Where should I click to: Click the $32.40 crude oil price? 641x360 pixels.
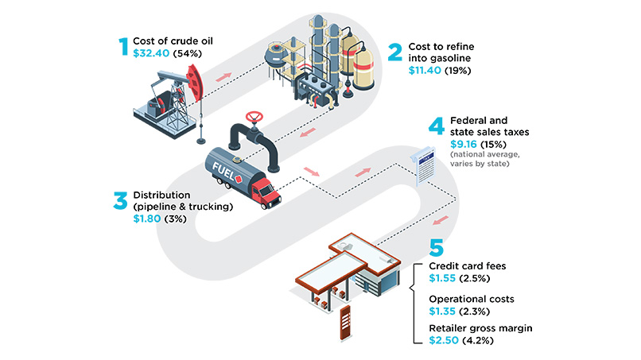pos(151,53)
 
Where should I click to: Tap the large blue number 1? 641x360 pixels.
pos(123,47)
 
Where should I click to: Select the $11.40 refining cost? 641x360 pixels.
pos(425,70)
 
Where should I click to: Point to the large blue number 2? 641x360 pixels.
pos(395,52)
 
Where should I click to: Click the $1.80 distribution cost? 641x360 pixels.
pos(147,219)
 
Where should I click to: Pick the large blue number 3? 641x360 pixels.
pos(121,200)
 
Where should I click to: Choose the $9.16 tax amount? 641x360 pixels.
pos(464,145)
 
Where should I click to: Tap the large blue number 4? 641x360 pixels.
pos(437,126)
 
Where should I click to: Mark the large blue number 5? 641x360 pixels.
pos(436,248)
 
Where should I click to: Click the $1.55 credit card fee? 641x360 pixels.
pos(442,278)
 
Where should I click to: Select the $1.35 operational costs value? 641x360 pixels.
pos(442,312)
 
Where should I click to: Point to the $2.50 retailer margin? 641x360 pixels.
pos(444,340)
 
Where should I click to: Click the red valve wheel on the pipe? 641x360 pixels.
pos(254,117)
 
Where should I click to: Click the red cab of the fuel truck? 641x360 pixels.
pos(266,192)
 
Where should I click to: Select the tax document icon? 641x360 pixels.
pos(423,165)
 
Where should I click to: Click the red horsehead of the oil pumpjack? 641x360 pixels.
pos(195,83)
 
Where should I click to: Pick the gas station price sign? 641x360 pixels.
pos(345,323)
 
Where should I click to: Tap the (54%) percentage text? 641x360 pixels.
pos(187,53)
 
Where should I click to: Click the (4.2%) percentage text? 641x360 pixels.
pos(477,340)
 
